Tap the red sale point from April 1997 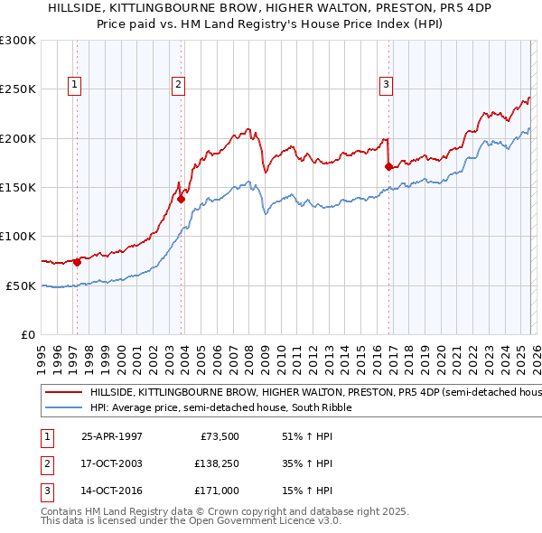pyautogui.click(x=78, y=262)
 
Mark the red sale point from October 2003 pyautogui.click(x=182, y=199)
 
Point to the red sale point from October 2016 pyautogui.click(x=389, y=167)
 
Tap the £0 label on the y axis pyautogui.click(x=27, y=334)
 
